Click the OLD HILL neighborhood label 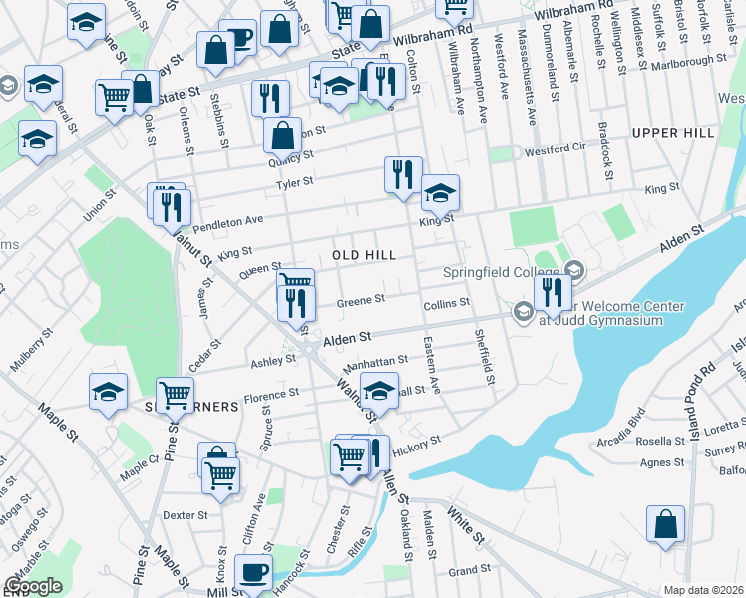[365, 255]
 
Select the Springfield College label [500, 271]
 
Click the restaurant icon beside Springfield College [549, 292]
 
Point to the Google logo [33, 586]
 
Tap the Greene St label [360, 300]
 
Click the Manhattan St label [378, 360]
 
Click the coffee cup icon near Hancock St [252, 572]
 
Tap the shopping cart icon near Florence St [176, 394]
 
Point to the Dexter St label [185, 516]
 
